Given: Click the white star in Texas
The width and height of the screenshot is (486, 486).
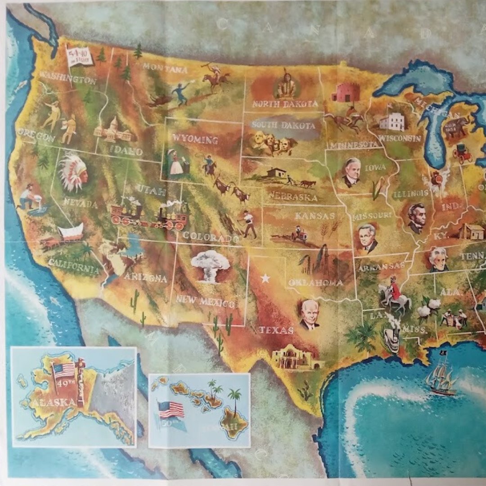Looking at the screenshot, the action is click(265, 279).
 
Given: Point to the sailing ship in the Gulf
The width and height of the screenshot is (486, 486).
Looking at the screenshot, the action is click(441, 378).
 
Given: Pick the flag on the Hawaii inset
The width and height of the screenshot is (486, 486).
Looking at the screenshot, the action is click(171, 410).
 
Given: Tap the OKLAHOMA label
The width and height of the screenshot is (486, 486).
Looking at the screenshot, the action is click(315, 283).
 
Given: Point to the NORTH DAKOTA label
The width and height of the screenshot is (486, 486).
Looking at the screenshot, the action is click(285, 104).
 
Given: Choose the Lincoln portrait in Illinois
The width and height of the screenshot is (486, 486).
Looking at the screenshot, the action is click(417, 218).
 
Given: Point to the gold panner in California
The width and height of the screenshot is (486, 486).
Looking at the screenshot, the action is click(29, 198).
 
